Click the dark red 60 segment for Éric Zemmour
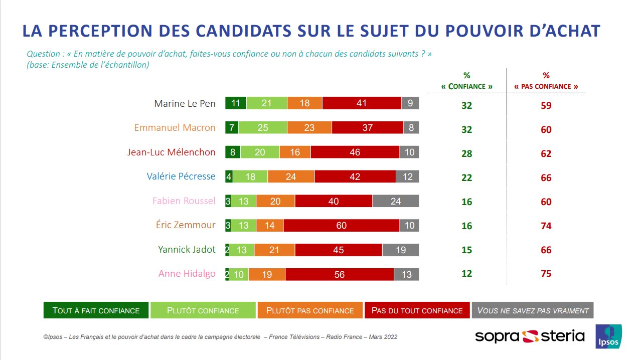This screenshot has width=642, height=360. coord(341,226)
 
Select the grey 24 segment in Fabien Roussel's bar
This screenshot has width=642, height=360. coord(396,202)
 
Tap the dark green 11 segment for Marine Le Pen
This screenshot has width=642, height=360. coord(236,104)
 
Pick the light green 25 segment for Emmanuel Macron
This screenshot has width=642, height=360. coord(262,128)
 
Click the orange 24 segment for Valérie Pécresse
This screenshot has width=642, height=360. coord(291,177)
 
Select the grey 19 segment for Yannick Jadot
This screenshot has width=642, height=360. coord(400,250)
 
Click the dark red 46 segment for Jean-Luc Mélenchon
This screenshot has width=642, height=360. coord(355,152)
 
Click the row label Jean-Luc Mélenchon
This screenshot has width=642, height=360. coord(171,152)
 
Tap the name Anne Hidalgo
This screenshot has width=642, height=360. coord(187,274)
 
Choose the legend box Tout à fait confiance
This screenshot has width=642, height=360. coord(96,310)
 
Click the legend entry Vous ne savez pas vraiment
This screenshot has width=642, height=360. coord(533,310)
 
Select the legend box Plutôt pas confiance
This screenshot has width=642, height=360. coord(310,310)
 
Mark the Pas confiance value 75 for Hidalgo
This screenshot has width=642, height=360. coord(546,274)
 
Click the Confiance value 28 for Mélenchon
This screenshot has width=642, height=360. coord(466,154)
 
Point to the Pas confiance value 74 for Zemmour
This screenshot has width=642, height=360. coord(546,226)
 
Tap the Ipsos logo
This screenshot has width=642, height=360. coord(608,336)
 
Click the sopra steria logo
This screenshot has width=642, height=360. coord(530,336)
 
